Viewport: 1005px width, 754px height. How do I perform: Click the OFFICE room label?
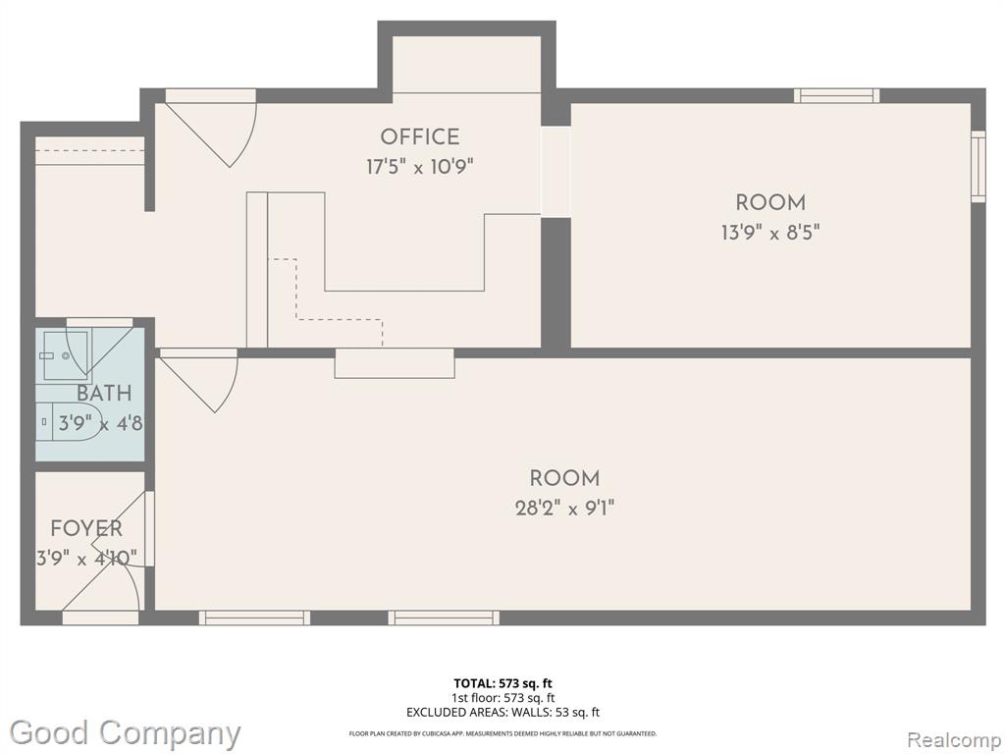point(419,137)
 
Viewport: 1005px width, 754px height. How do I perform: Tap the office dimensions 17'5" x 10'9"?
point(419,167)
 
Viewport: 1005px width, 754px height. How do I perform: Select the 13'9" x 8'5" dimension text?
point(769,233)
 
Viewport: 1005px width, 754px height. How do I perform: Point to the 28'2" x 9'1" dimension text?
point(564,509)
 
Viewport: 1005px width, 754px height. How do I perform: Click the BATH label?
point(104,394)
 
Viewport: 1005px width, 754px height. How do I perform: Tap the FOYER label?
point(86,529)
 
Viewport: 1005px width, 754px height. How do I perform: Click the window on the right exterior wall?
point(978,167)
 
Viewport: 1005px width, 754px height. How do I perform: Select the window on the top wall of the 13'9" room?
point(836,95)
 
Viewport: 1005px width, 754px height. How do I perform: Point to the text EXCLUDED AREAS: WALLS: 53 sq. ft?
point(502,713)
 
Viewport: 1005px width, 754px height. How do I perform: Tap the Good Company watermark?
point(125,732)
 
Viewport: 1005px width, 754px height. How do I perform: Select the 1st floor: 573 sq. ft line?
point(502,698)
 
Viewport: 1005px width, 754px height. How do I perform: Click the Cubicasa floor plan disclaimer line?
point(502,733)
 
